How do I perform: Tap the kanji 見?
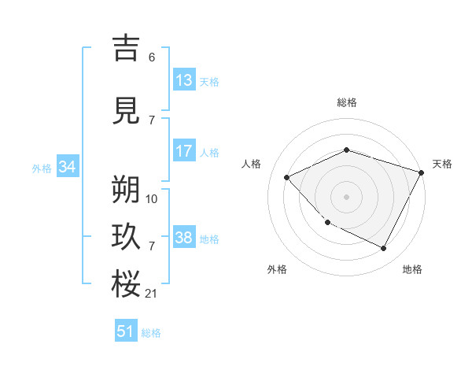tap(127, 109)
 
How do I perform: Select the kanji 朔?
tap(127, 190)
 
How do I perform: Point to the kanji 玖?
tap(127, 237)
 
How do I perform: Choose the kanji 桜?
tap(127, 283)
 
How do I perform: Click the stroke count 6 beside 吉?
tap(152, 57)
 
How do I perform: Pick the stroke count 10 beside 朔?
tap(152, 199)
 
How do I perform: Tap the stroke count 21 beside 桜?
tap(152, 294)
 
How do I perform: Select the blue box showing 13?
tap(184, 80)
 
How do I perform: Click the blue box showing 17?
tap(184, 152)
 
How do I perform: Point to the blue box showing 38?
tap(184, 238)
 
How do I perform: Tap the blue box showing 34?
tap(67, 167)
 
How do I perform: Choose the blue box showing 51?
tap(126, 332)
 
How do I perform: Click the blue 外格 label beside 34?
tap(42, 168)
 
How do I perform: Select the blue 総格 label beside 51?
tap(151, 333)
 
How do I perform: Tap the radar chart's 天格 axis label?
tap(442, 164)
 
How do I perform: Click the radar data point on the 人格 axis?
tap(287, 177)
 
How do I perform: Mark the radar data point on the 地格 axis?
tap(383, 248)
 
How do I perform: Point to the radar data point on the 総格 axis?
tap(346, 150)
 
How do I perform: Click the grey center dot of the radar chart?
tap(346, 196)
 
